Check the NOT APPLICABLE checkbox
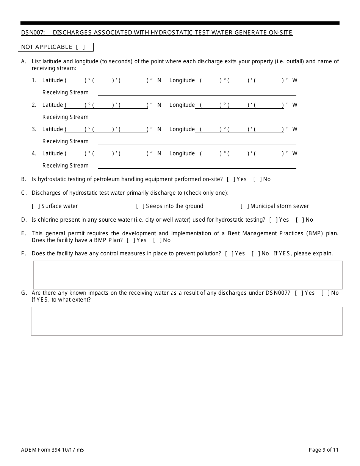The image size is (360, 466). (80, 47)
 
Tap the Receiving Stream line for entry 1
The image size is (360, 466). (197, 93)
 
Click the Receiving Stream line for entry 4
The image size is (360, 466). (197, 166)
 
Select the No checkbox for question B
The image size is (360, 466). (257, 179)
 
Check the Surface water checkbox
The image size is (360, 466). (36, 206)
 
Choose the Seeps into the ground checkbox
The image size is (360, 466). (140, 206)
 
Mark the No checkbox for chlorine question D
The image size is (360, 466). (300, 220)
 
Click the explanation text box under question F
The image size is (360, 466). (188, 275)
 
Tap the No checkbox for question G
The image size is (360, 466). (325, 293)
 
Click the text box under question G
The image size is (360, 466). (186, 321)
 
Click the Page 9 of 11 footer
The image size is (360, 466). (323, 450)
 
